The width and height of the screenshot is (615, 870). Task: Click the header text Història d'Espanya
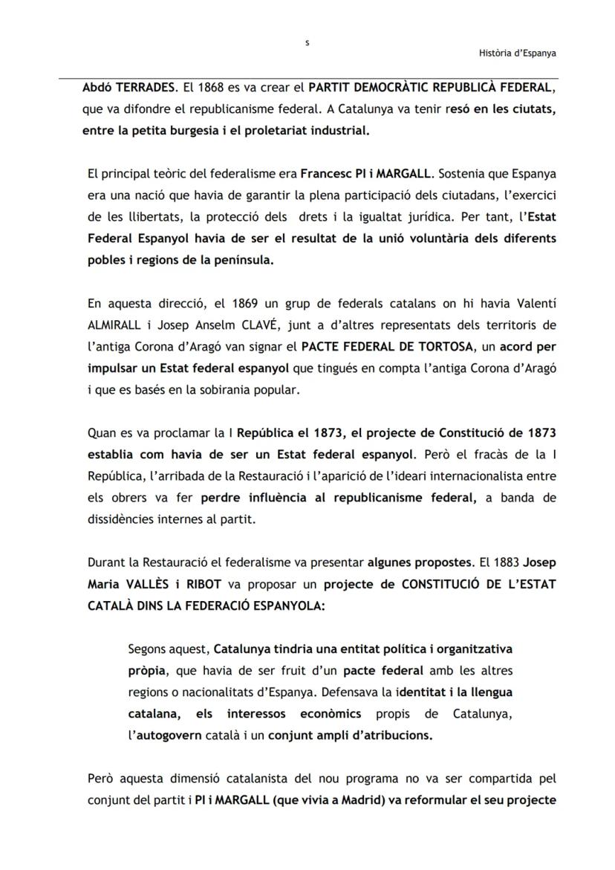click(x=518, y=53)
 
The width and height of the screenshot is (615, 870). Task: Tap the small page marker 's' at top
click(x=307, y=42)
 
